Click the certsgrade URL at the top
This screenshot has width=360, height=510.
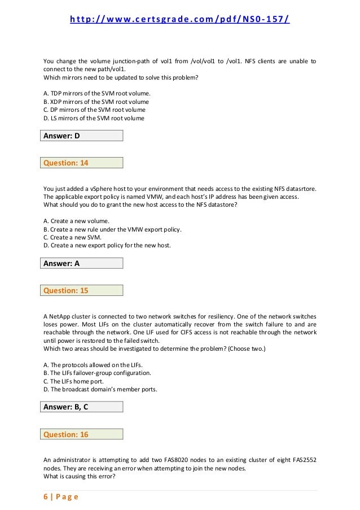(180, 21)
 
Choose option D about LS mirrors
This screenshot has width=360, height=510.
(94, 119)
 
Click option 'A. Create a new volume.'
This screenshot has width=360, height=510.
(76, 220)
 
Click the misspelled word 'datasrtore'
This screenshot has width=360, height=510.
(298, 189)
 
